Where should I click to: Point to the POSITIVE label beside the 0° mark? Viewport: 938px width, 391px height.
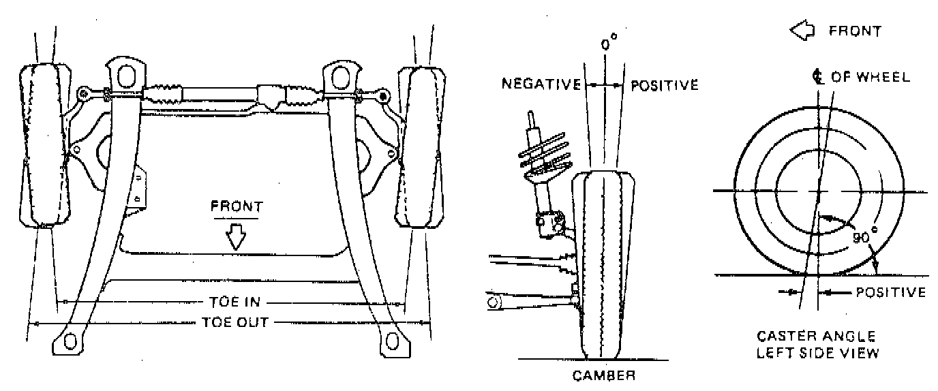(665, 85)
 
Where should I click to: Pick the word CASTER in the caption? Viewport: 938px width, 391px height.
(785, 337)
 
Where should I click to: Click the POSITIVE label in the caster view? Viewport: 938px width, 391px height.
(890, 292)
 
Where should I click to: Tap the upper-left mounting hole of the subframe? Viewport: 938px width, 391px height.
(125, 74)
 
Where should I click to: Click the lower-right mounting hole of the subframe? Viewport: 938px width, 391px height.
(391, 341)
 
